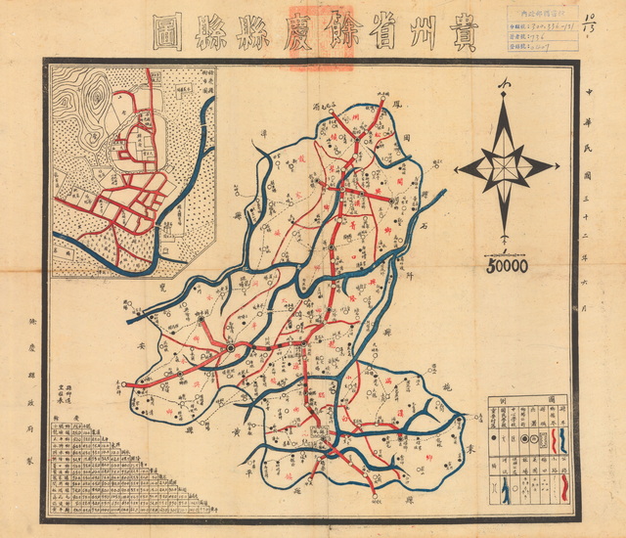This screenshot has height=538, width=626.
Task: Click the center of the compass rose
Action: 505,167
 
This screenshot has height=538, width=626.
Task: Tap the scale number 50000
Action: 505,265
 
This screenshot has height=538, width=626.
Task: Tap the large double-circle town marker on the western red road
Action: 231,347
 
